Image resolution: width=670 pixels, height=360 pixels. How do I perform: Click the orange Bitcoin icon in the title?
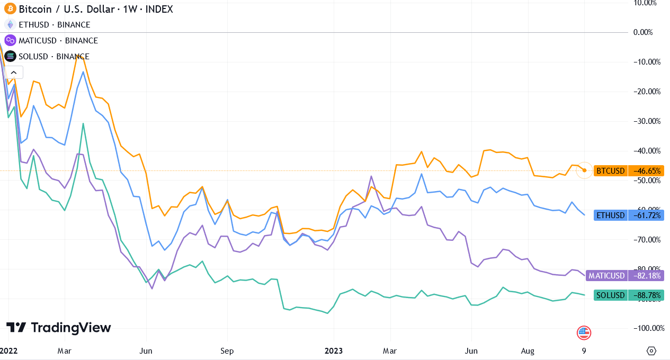tap(10, 9)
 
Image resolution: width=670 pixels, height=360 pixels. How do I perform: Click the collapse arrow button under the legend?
tap(14, 73)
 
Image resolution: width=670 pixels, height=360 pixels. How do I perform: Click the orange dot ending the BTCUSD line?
tap(584, 170)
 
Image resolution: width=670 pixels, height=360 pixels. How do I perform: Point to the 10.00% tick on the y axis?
tap(647, 3)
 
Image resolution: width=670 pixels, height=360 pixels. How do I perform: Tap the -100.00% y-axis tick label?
tap(648, 328)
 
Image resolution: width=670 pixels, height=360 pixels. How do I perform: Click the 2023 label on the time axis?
tap(334, 351)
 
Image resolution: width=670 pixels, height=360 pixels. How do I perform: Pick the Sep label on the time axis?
tap(227, 351)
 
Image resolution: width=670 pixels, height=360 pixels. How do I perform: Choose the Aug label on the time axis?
tap(528, 351)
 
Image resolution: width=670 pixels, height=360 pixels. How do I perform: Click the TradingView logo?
tap(59, 328)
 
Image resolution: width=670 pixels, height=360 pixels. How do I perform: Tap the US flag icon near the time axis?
tap(584, 333)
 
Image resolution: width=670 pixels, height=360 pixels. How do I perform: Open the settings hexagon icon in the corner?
tap(651, 351)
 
